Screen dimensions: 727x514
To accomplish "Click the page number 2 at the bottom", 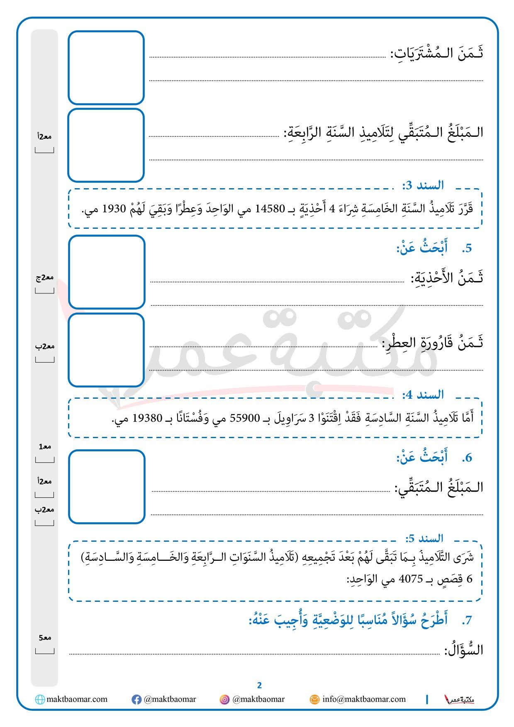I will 259,685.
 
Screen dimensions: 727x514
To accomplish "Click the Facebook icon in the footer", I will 136,700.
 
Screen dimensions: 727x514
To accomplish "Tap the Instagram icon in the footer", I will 224,700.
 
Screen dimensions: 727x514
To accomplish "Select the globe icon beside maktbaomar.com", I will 40,700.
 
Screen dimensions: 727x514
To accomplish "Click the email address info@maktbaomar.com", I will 364,699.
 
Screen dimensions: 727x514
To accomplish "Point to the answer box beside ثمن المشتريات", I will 106,68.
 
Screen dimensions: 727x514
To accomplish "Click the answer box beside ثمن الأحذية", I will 107,272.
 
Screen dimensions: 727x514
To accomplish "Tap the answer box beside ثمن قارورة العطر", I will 106,350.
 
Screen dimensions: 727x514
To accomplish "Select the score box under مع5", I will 44,650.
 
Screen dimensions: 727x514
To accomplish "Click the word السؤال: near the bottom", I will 464,650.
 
